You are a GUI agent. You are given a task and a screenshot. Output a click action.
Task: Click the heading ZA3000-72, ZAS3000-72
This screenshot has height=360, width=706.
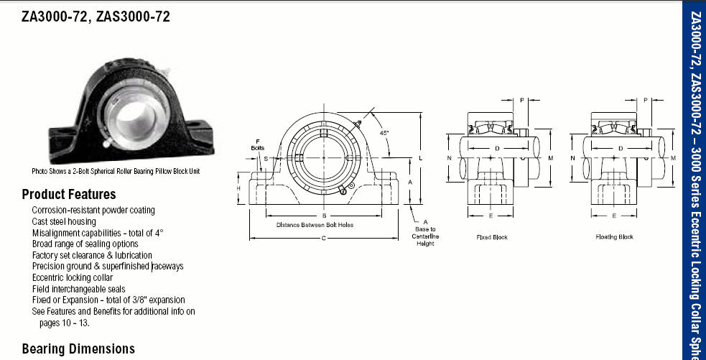[x=96, y=17]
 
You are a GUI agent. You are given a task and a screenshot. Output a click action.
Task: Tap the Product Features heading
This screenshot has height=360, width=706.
[x=69, y=194]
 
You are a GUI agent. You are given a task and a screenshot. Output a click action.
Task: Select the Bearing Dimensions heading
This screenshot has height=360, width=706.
[x=78, y=349]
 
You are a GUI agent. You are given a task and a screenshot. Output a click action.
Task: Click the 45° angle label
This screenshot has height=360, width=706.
[x=384, y=133]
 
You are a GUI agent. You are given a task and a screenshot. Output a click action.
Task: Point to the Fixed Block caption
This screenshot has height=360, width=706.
[x=492, y=237]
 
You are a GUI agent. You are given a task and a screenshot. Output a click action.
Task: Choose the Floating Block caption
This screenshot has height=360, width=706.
[x=614, y=236]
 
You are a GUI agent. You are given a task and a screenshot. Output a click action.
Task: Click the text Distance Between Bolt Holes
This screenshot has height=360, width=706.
[x=315, y=225]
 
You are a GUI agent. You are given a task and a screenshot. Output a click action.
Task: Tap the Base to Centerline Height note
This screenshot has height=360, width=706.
[x=425, y=236]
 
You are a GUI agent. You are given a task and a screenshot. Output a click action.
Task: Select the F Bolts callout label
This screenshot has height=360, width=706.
[x=258, y=144]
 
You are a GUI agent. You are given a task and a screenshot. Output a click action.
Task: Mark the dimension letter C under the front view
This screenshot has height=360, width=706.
[x=324, y=239]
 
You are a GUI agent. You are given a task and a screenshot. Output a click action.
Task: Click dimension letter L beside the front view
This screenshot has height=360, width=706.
[x=421, y=158]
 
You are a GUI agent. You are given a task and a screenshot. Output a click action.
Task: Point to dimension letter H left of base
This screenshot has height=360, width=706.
[x=238, y=188]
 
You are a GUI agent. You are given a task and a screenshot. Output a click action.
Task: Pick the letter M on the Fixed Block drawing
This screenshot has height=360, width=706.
[x=550, y=158]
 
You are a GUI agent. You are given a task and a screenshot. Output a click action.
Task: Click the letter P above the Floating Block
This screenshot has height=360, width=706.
[x=645, y=100]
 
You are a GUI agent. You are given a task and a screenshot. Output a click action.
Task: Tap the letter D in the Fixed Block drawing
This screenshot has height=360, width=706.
[x=497, y=148]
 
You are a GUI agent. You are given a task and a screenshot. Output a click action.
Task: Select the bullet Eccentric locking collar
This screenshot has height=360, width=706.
[x=72, y=277]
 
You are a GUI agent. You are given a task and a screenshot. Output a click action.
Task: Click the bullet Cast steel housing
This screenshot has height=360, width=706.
[x=63, y=221]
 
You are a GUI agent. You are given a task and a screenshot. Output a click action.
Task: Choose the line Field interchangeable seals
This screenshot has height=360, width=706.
[x=78, y=289]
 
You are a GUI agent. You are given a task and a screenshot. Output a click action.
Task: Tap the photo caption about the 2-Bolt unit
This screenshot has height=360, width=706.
[x=116, y=171]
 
